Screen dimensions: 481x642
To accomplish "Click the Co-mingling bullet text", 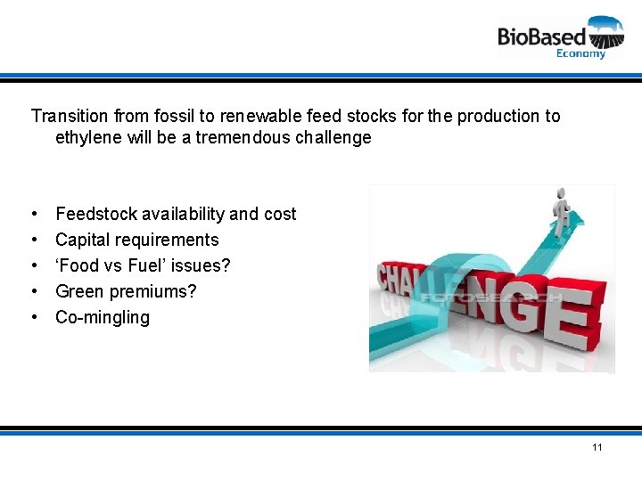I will pyautogui.click(x=103, y=317).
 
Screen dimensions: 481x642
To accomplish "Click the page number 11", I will pyautogui.click(x=597, y=447).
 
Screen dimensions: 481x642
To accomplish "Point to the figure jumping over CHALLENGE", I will pyautogui.click(x=560, y=214).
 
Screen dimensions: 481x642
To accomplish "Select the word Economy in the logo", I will pyautogui.click(x=580, y=53).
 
